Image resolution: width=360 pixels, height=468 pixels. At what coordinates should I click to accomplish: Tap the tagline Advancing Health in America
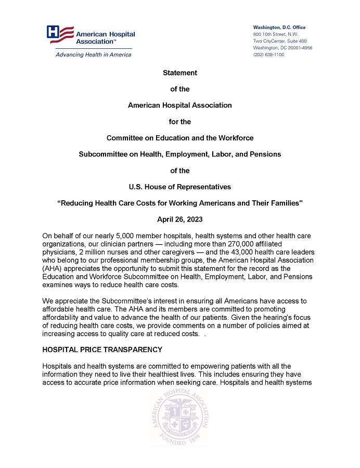tap(93, 55)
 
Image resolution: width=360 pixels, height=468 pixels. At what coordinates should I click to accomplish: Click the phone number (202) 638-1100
tap(268, 55)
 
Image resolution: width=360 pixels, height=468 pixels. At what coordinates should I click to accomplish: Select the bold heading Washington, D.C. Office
tap(279, 28)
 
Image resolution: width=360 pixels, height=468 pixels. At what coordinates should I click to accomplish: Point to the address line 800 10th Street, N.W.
tap(276, 34)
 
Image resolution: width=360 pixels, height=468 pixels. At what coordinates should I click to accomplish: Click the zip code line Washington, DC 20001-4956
tap(282, 48)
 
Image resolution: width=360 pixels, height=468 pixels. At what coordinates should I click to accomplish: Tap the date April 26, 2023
tap(180, 219)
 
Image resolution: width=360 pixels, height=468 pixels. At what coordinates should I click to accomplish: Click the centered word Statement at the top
tap(180, 73)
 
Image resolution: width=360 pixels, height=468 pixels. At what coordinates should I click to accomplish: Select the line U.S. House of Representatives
tap(180, 187)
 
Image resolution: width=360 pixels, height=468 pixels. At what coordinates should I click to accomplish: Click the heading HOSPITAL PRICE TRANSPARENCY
tap(102, 349)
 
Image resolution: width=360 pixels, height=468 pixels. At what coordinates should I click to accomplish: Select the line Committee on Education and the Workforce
tap(180, 138)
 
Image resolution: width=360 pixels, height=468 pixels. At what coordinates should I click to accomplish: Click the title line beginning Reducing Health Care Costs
tap(180, 203)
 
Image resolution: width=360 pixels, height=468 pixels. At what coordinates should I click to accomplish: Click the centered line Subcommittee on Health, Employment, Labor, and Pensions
tap(180, 154)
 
